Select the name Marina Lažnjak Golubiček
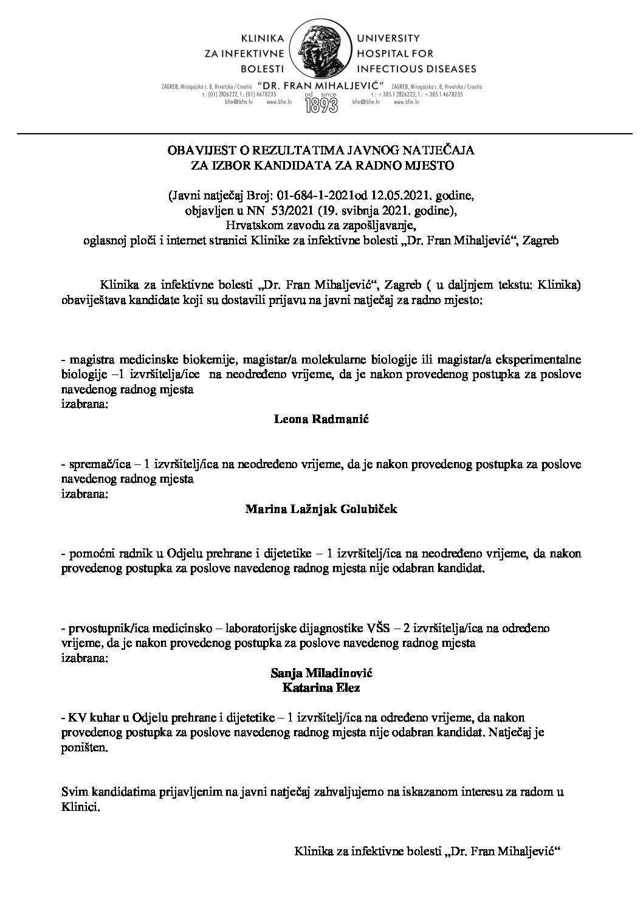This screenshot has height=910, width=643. pyautogui.click(x=321, y=509)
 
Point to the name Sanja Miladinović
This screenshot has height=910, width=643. pyautogui.click(x=321, y=674)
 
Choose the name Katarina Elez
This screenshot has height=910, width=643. pyautogui.click(x=321, y=688)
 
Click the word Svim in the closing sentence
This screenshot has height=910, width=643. pyautogui.click(x=74, y=793)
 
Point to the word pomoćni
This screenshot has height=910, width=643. pyautogui.click(x=86, y=554)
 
